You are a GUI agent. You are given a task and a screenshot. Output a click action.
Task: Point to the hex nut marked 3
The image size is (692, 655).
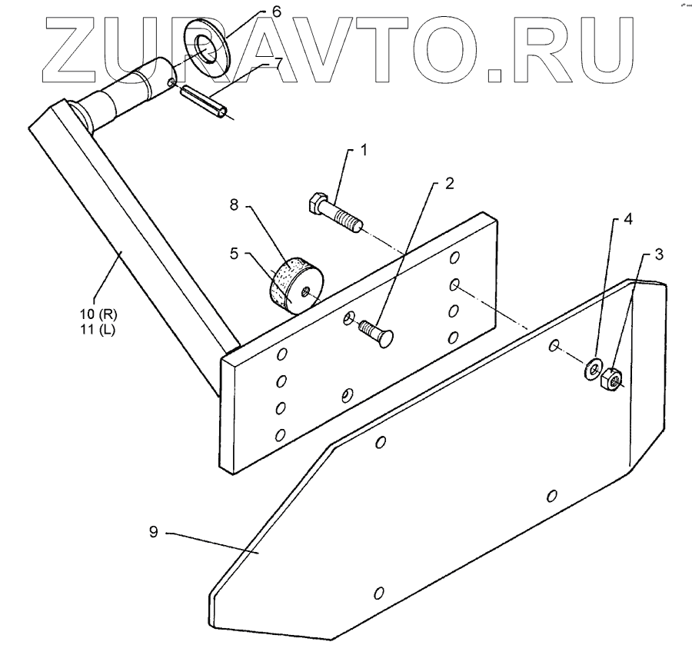(x=612, y=377)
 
